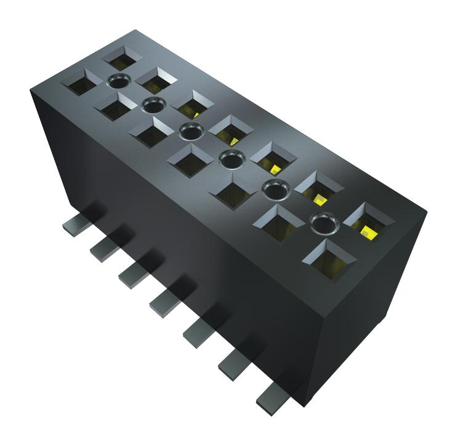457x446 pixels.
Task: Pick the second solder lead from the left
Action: click(x=102, y=249)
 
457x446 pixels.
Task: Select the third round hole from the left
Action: click(x=191, y=130)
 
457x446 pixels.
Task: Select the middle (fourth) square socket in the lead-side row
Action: click(x=188, y=159)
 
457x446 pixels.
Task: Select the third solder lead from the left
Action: click(x=131, y=275)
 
